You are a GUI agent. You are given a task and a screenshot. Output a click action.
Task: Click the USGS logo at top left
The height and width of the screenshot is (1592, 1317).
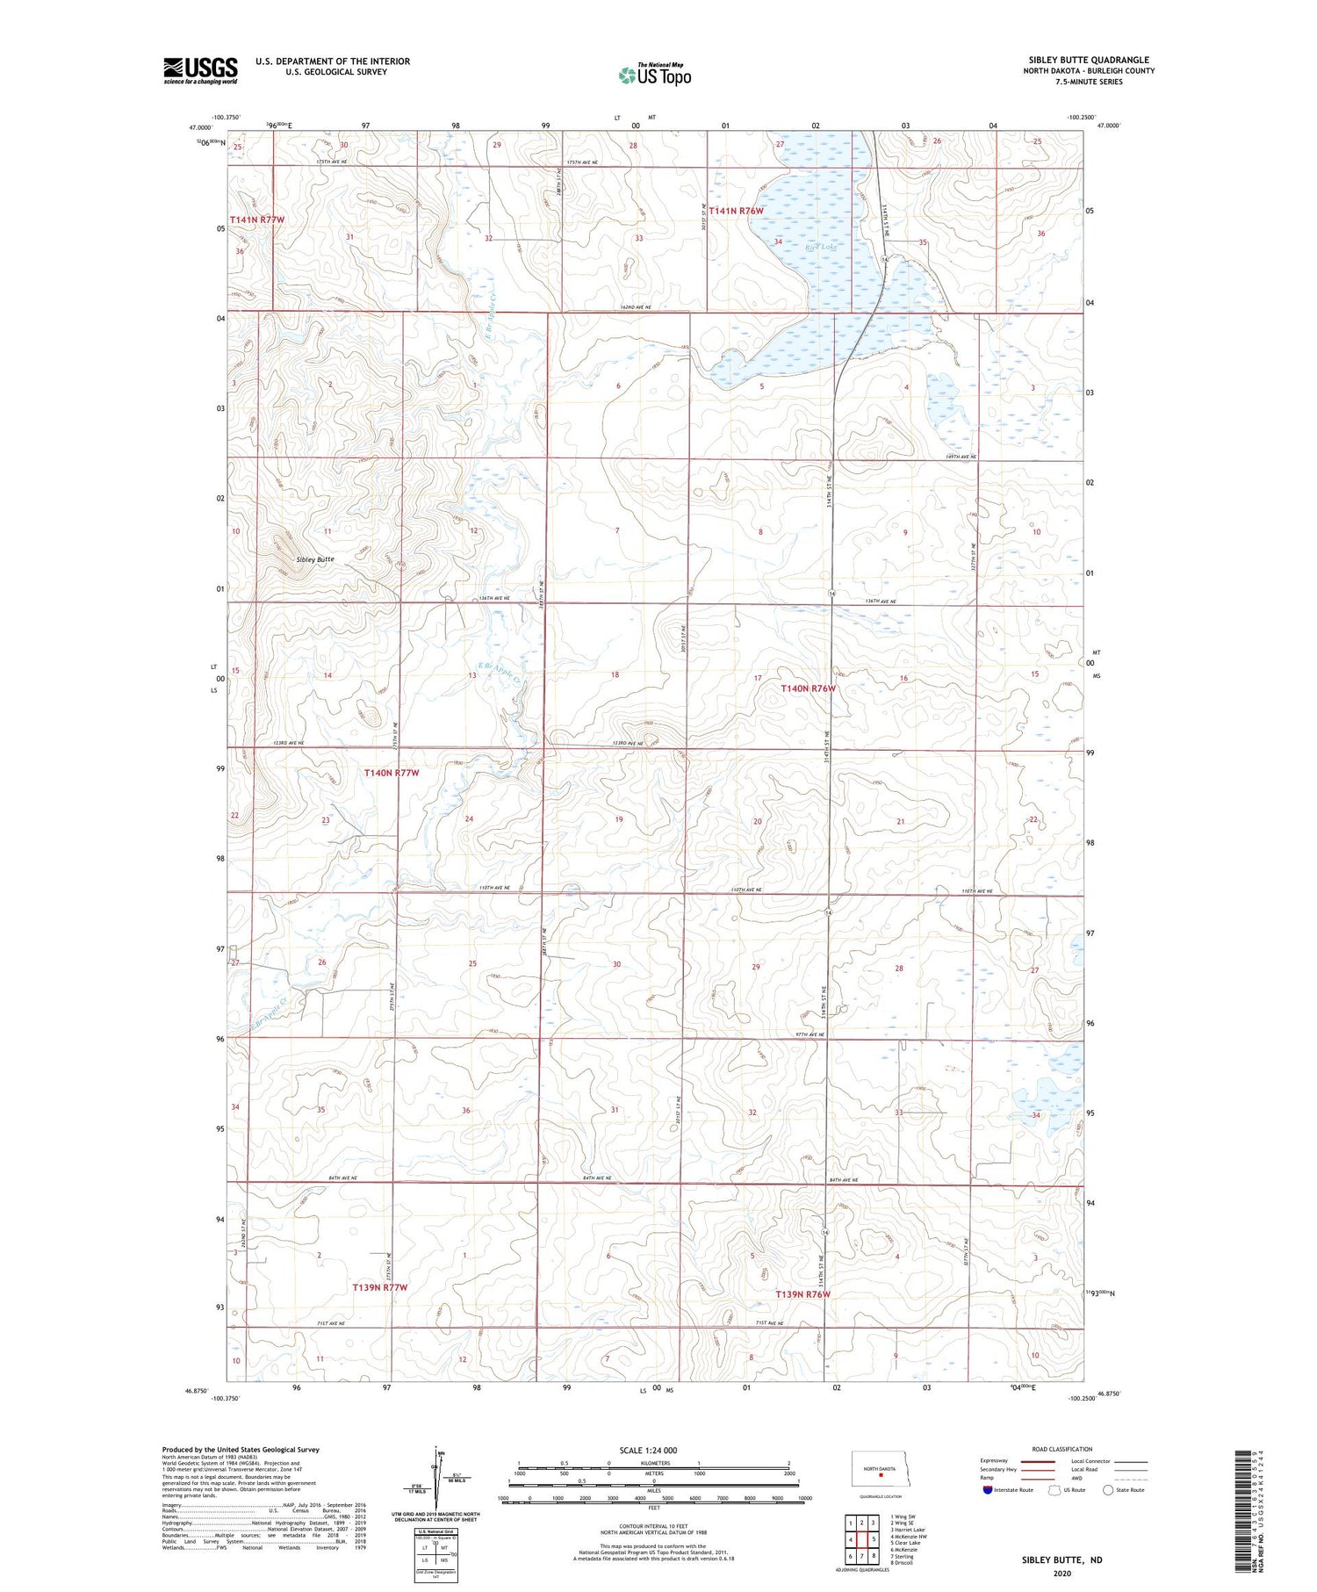[x=200, y=70]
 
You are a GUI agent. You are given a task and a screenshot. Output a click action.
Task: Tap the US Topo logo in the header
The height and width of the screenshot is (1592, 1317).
[x=654, y=75]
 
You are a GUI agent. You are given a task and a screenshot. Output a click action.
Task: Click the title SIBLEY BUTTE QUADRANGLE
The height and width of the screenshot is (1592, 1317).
[x=1089, y=61]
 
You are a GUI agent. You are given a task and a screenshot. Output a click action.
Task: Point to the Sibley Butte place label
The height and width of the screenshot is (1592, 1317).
[x=315, y=559]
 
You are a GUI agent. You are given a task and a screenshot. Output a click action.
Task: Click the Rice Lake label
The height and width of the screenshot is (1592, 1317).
[x=821, y=249]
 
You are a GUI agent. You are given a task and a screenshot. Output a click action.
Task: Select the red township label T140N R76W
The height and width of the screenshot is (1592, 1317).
[x=809, y=689]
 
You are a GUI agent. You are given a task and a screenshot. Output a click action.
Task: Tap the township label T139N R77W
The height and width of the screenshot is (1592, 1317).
[x=380, y=1287]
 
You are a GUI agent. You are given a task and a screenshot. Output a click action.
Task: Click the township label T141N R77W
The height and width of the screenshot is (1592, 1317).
[x=257, y=220]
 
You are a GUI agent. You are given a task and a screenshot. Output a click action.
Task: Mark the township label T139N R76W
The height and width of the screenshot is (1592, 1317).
[x=802, y=1294]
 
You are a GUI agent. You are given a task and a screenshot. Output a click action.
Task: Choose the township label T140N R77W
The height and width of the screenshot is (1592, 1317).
[x=392, y=774]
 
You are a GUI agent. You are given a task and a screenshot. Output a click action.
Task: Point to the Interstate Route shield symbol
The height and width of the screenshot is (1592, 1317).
[x=988, y=1489]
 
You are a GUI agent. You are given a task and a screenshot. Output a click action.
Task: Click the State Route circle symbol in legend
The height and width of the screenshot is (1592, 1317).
[x=1108, y=1489]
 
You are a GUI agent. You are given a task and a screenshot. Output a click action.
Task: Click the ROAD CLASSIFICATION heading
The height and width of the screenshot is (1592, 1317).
[x=1062, y=1449]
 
